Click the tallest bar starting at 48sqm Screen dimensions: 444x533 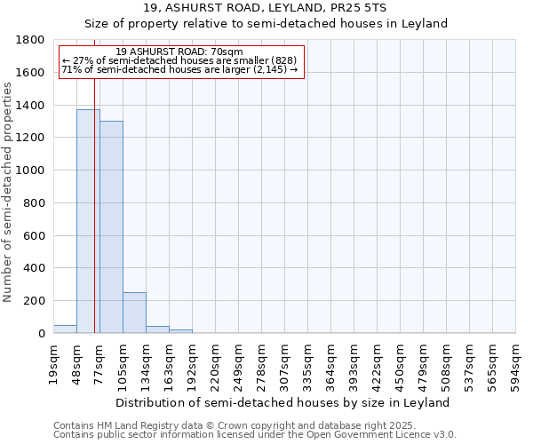pos(88,222)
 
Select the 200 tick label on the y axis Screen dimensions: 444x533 pos(36,301)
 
